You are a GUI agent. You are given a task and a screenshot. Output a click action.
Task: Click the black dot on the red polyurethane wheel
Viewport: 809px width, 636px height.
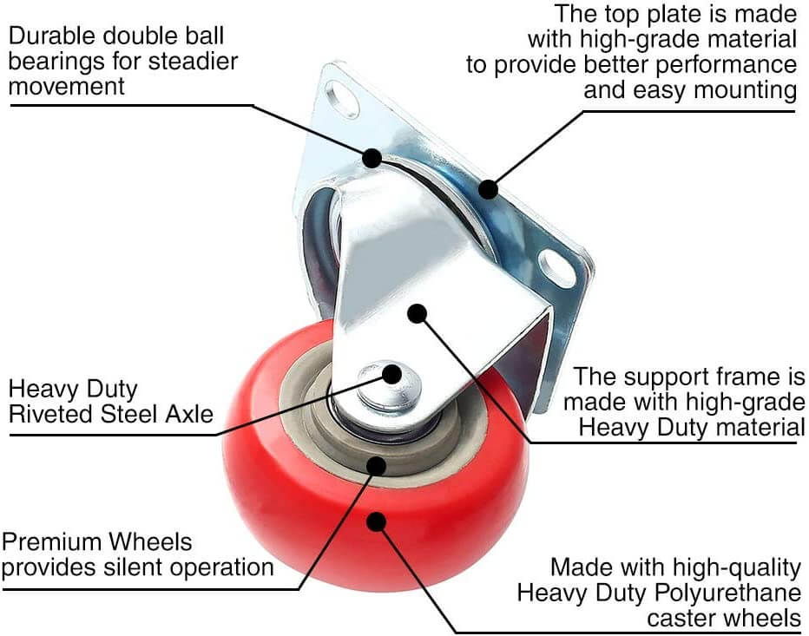point(376,521)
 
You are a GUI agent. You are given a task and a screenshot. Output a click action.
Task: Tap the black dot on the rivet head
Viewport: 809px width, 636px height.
point(392,374)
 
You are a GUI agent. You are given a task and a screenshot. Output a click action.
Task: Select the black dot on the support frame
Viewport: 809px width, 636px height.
point(418,312)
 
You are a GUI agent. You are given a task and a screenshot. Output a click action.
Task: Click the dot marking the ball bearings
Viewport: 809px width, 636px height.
point(372,157)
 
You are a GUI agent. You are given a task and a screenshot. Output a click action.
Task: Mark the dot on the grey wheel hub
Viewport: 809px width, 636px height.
point(376,465)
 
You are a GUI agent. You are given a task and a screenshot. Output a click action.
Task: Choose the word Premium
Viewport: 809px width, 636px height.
point(50,542)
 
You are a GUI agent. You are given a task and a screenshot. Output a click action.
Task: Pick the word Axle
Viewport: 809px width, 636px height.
point(188,414)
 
